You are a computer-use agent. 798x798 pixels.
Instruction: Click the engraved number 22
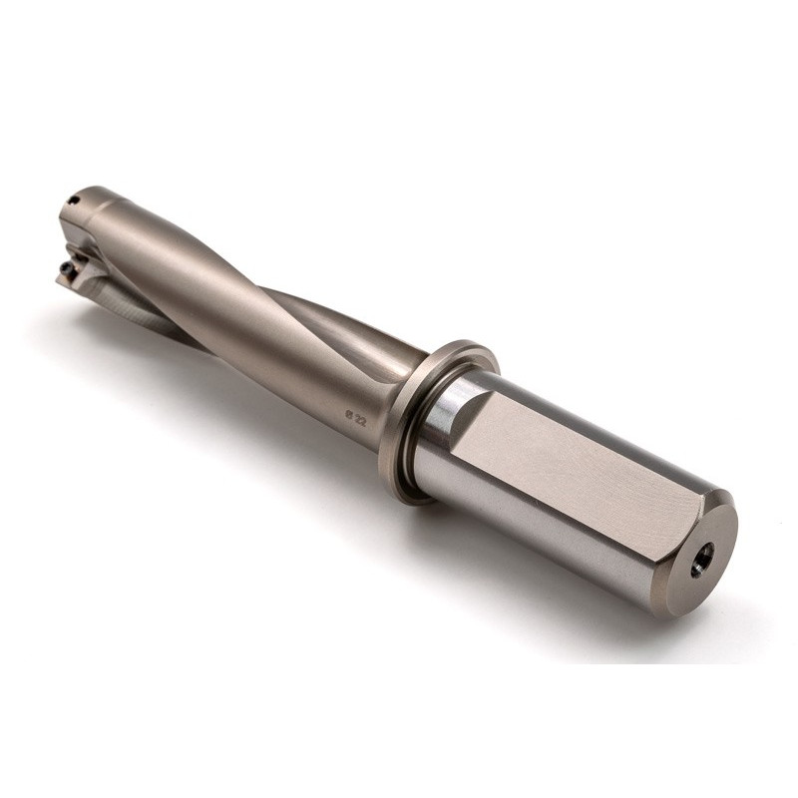click(x=361, y=419)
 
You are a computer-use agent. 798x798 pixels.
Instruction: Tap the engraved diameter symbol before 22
click(x=349, y=414)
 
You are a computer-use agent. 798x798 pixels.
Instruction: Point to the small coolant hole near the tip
click(x=74, y=199)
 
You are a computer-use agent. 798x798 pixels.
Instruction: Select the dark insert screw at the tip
click(x=65, y=268)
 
